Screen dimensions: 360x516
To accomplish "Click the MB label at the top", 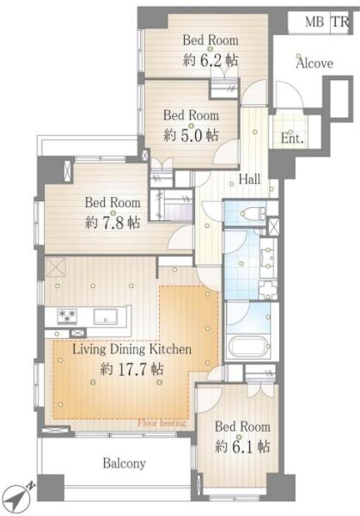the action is [314, 22].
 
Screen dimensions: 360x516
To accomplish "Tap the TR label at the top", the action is [340, 22].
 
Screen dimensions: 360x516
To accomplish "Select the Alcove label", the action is [314, 63].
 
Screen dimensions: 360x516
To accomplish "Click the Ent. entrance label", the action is [292, 138].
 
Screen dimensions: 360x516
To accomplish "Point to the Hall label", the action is [249, 180].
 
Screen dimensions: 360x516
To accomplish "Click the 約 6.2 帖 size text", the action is [211, 60].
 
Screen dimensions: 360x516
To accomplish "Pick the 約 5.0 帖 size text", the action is [191, 135].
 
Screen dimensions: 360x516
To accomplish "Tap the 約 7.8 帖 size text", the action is [113, 223].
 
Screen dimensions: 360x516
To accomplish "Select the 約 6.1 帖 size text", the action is [242, 447].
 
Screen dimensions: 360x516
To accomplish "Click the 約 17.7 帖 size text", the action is [131, 370].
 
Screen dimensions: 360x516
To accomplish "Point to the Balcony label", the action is [125, 464].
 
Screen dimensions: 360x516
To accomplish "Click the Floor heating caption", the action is [162, 423].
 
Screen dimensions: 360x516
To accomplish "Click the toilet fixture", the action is [252, 214].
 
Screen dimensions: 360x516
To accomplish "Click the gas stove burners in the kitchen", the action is [67, 316].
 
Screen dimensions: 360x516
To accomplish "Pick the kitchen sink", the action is [105, 316].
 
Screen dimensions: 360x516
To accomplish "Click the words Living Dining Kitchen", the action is [131, 349].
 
